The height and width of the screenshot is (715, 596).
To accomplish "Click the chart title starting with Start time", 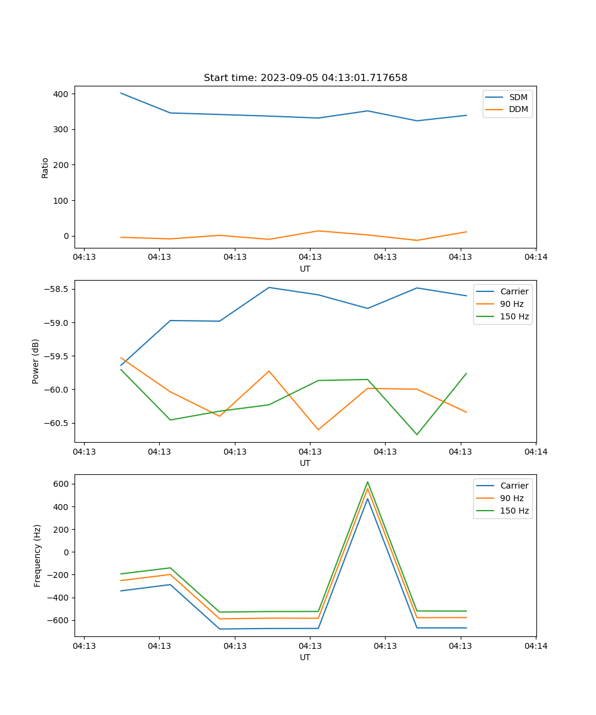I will (x=305, y=78).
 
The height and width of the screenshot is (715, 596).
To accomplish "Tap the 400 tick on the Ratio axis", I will (x=62, y=94).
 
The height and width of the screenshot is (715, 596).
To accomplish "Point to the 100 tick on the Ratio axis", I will (x=62, y=201).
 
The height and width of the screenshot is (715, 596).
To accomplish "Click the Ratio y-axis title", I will (x=45, y=167).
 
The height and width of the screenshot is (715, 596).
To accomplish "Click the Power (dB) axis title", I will (x=36, y=361).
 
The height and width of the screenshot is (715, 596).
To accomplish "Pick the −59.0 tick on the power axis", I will (x=57, y=323).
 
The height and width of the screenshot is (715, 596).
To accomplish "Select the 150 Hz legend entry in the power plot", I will (x=514, y=316).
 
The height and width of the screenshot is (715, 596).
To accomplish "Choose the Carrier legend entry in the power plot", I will (x=514, y=291).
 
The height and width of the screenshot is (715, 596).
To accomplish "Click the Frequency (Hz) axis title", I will (x=38, y=555).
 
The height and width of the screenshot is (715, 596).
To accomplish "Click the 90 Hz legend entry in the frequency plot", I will (x=512, y=498).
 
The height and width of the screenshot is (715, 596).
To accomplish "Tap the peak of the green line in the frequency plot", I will (x=368, y=482).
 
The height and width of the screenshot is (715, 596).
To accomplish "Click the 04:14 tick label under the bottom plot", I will (x=536, y=646).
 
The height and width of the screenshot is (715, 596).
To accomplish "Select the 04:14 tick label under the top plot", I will (x=536, y=257).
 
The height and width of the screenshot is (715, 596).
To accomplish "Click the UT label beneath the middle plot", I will (x=305, y=463).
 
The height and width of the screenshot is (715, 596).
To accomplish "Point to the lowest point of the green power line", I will (x=417, y=434).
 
